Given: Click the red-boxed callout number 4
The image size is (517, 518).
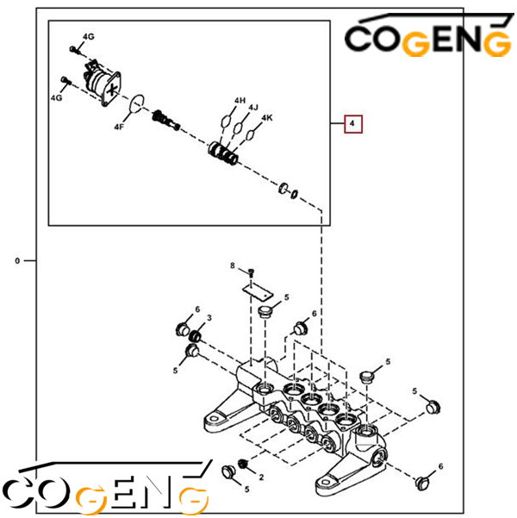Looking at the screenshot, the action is tap(352, 123).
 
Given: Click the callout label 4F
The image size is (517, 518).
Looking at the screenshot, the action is tap(119, 127).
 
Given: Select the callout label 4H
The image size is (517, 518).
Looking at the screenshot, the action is tap(240, 101).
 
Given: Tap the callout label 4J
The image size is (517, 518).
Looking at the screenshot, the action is tap(253, 108).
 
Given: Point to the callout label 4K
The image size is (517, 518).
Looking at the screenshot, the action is tap(267, 118).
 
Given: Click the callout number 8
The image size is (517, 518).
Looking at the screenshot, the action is tap(233, 265).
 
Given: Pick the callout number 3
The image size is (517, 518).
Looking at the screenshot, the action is tap(209, 318).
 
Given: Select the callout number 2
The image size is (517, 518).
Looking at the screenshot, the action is tap(261, 477).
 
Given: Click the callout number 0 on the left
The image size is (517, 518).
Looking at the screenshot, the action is tap(17, 261).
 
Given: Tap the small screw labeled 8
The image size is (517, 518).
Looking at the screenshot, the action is tap(251, 272).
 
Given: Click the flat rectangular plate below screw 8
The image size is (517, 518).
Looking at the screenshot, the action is tap(258, 292).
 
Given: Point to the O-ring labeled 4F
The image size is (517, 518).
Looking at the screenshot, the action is tap(137, 103).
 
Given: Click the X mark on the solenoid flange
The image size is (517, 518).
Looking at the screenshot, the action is tap(112, 89).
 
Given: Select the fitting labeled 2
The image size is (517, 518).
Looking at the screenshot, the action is tap(243, 465).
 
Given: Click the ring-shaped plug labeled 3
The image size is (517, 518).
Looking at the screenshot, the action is tap(196, 337).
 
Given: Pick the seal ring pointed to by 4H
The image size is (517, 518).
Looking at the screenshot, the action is tap(226, 121).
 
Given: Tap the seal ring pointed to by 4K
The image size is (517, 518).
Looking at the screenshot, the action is tap(251, 134).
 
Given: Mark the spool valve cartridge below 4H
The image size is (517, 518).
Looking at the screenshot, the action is tap(223, 153).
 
